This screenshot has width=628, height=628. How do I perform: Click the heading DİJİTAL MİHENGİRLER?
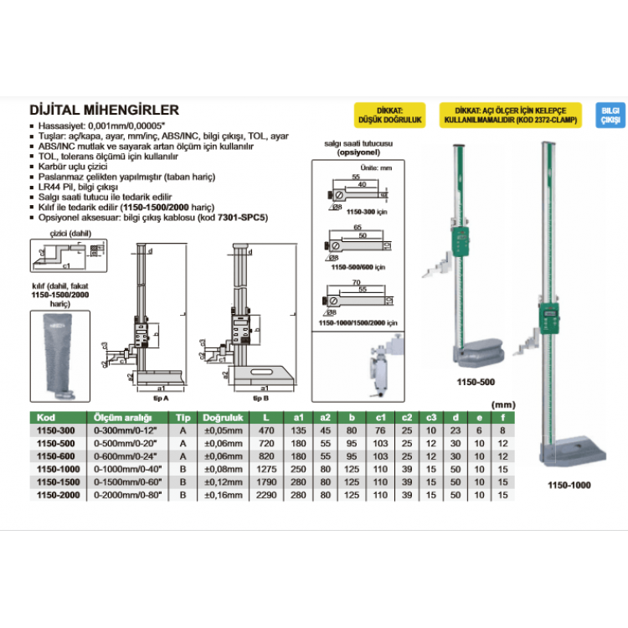coord(104,110)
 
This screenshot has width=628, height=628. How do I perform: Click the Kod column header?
coord(46,417)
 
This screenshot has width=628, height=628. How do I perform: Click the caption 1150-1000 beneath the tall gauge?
coord(569,485)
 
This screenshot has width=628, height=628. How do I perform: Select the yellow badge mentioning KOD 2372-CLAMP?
coord(510,116)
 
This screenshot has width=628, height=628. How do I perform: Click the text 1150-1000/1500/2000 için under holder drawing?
coord(358,322)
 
